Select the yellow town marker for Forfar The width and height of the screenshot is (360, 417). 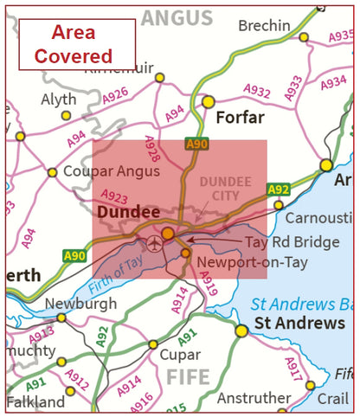coord(208,101)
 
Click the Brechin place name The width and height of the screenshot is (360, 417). coord(263,26)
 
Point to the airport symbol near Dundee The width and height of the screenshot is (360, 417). coord(154,242)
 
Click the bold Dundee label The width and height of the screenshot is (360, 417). coord(128,212)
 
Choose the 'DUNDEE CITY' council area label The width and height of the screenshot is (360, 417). coord(225,189)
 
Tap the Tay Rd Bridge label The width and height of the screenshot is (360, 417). coord(292,242)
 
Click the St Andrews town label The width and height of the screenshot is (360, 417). coord(299,324)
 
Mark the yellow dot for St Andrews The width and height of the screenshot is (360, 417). coord(241,330)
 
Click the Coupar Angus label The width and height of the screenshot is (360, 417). coord(99,171)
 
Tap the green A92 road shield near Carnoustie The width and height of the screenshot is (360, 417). coord(278,189)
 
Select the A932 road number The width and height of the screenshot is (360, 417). coord(257,89)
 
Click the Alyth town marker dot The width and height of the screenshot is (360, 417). coord(66,115)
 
